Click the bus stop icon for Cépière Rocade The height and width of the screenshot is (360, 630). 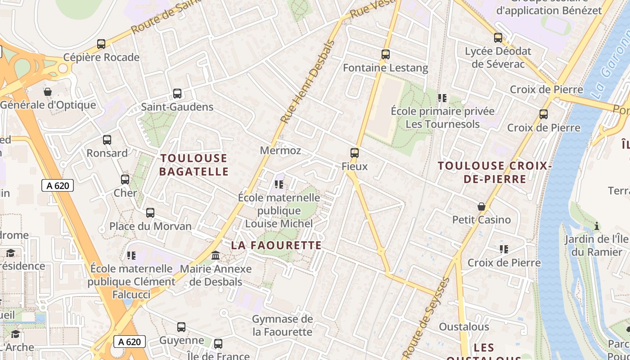[101, 44]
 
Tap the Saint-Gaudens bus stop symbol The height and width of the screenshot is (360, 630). [177, 94]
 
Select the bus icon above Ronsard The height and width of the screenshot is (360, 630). [107, 140]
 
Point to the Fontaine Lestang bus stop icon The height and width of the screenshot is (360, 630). [385, 54]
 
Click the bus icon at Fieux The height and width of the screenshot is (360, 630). [355, 153]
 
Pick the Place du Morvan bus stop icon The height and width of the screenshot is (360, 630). [150, 213]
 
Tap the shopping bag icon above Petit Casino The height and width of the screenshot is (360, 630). [481, 207]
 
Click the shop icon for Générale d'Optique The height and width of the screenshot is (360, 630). [48, 92]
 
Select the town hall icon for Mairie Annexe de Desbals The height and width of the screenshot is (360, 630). [216, 256]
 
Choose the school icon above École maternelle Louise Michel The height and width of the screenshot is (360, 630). [279, 184]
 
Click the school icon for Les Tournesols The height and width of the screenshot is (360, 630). [442, 98]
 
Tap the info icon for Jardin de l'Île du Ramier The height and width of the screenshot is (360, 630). [597, 225]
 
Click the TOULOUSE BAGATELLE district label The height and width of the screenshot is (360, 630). [194, 165]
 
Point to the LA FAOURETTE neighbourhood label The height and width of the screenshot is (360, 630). [276, 245]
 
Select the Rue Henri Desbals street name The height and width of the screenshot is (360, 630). [308, 82]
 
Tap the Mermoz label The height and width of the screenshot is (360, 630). [280, 151]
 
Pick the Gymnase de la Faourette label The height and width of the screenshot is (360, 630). [282, 325]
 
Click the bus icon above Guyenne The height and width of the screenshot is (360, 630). [181, 327]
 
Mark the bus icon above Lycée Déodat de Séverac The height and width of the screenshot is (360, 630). [498, 38]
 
